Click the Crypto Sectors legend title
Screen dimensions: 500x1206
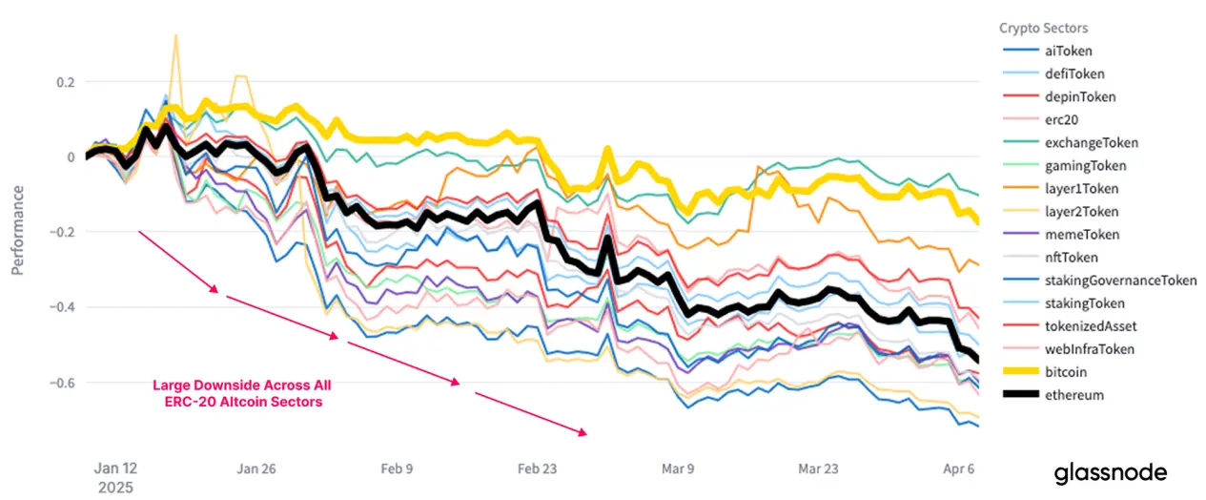coord(1043,29)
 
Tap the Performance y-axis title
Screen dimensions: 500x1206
coord(17,230)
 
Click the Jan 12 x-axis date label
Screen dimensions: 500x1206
coord(115,469)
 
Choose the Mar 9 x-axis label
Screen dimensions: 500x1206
coord(679,469)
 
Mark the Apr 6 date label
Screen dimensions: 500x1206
coord(959,469)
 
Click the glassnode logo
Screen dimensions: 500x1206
coord(1110,473)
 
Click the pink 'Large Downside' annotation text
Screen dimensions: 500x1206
coord(242,393)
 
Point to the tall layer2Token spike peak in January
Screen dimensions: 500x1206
coord(175,35)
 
